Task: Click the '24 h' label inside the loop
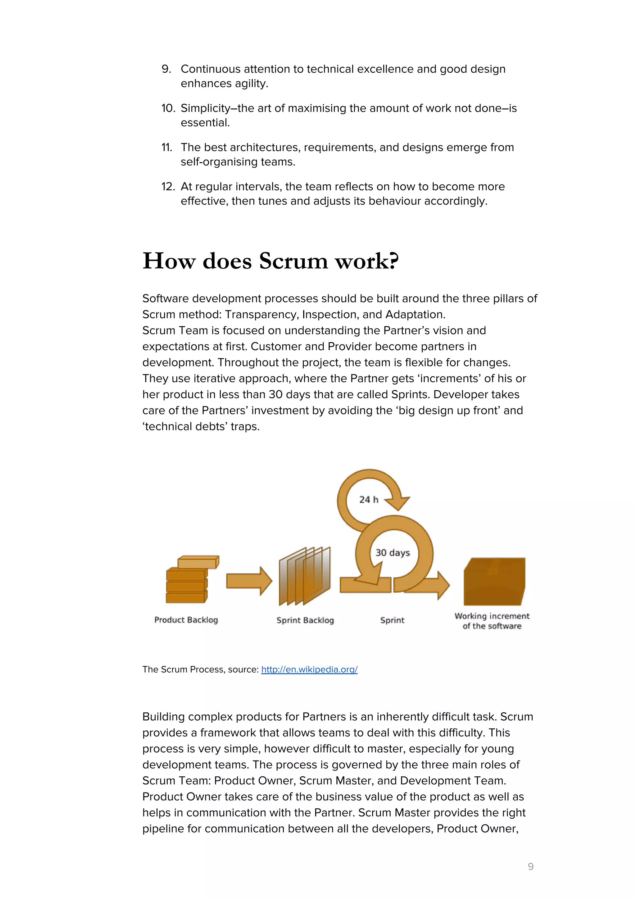(x=369, y=500)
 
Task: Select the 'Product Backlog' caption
(x=186, y=620)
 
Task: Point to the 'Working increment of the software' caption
(x=492, y=621)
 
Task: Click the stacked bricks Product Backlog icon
(x=190, y=580)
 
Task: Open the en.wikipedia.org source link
(x=309, y=670)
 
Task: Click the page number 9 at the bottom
(x=530, y=866)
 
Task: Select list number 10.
(x=168, y=108)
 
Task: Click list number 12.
(x=168, y=186)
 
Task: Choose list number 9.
(x=166, y=69)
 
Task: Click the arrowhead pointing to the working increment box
(x=443, y=585)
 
